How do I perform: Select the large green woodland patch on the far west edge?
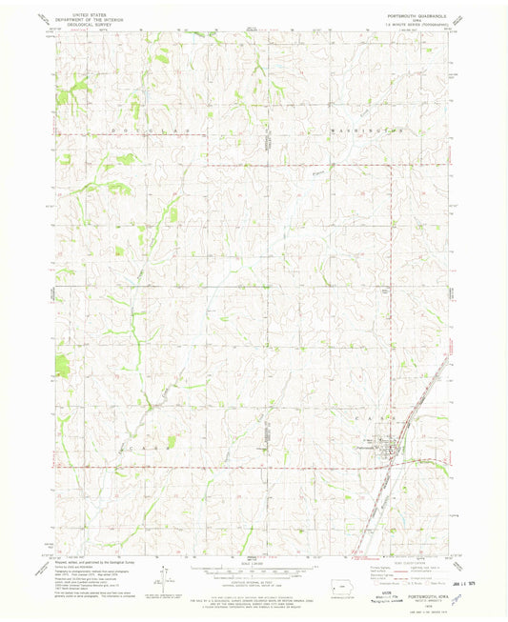pos(62,363)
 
